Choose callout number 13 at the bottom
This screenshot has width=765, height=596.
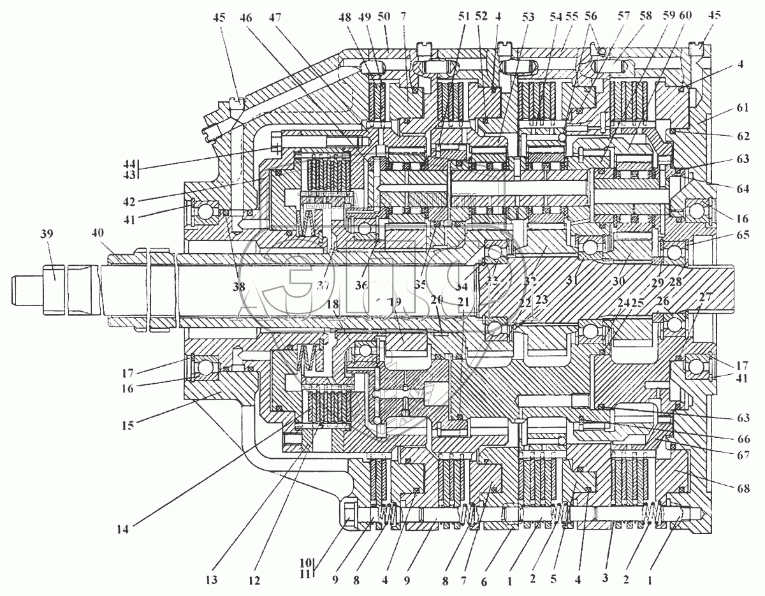click(x=212, y=580)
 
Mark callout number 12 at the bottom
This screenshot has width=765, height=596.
click(x=255, y=580)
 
